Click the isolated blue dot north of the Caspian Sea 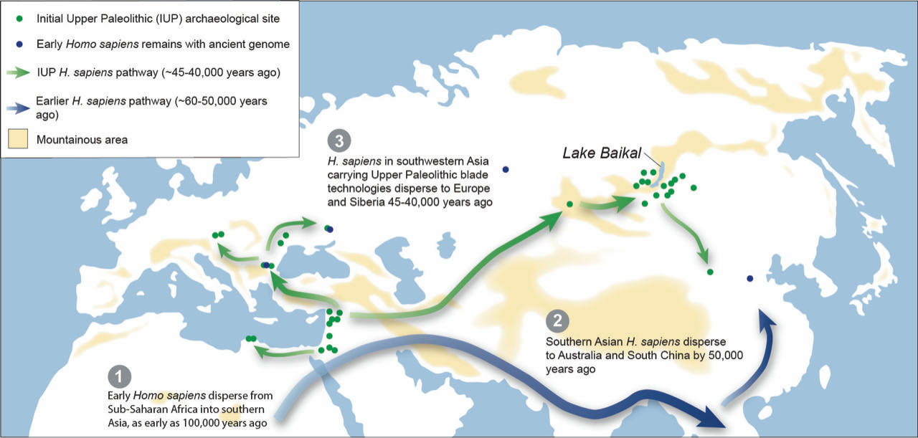click(x=506, y=170)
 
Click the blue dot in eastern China click(x=749, y=278)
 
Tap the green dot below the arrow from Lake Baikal click(x=710, y=272)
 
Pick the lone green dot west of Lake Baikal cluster click(x=569, y=204)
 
